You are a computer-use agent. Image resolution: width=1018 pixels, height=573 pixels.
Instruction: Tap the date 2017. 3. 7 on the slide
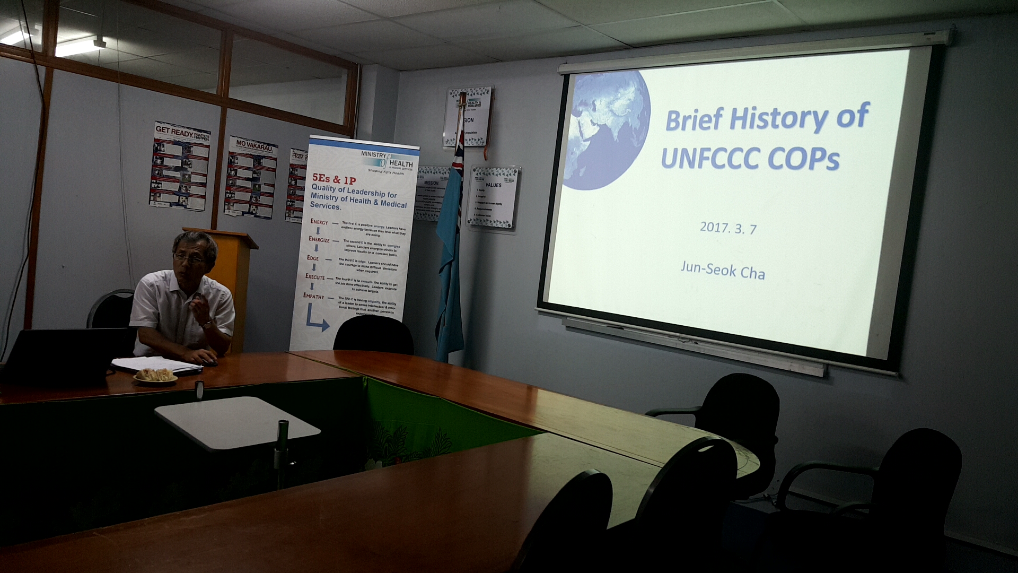(x=728, y=228)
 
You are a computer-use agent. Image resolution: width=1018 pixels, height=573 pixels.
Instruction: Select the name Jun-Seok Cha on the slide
(x=722, y=271)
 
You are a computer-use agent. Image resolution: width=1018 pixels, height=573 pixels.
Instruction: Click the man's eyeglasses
(x=188, y=259)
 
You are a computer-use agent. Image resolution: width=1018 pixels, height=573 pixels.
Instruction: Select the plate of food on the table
(x=155, y=376)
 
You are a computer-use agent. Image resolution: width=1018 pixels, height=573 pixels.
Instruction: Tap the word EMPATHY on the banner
(x=313, y=296)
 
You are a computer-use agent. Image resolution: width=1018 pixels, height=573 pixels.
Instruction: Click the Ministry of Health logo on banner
(x=387, y=161)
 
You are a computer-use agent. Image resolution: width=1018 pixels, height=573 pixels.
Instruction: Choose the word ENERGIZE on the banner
(x=319, y=239)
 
